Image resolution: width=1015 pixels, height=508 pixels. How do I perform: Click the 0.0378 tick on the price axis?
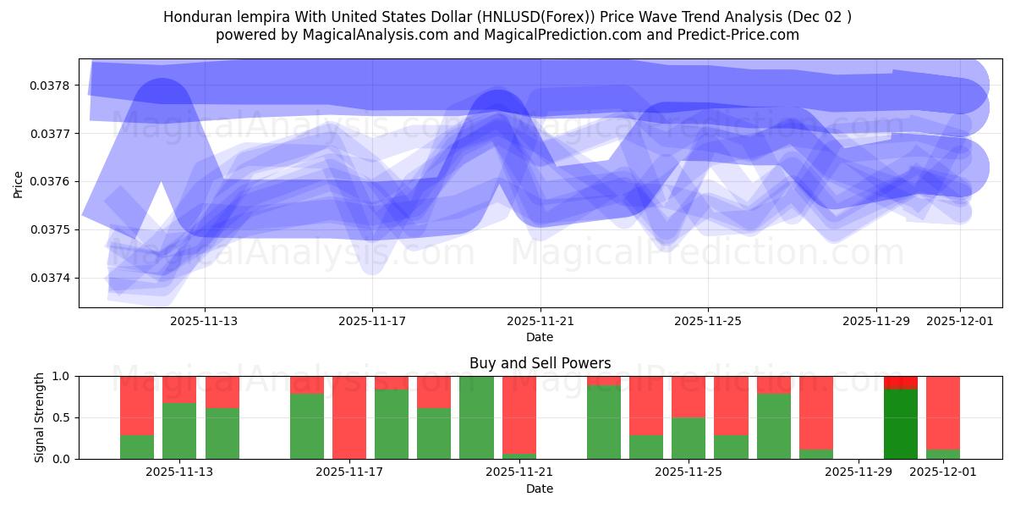(53, 86)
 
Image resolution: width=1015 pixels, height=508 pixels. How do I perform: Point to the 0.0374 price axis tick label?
(53, 278)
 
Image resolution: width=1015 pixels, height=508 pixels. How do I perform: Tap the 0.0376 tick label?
(53, 181)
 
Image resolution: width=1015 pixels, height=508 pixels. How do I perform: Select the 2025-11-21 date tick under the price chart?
(540, 321)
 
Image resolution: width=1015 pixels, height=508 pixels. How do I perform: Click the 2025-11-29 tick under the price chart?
(876, 321)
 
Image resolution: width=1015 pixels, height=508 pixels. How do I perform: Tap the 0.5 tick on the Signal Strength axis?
(62, 417)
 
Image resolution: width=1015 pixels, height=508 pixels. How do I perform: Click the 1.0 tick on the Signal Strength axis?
(62, 376)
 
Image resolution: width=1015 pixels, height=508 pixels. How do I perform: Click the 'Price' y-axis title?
(19, 183)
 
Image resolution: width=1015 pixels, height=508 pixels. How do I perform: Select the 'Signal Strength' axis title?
(40, 417)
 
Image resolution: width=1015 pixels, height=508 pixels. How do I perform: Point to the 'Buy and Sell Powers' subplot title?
(540, 363)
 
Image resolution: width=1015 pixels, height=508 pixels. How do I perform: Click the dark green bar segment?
(901, 423)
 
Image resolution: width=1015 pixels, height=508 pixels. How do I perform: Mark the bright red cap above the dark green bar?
(901, 383)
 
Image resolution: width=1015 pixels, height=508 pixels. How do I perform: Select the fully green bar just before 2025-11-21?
(476, 417)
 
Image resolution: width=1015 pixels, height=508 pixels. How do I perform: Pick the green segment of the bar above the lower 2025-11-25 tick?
(689, 438)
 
